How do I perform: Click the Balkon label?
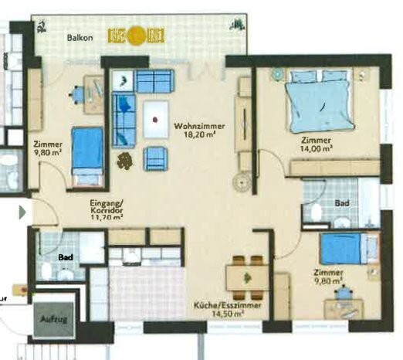pos(80,38)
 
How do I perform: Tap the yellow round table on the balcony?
pos(136,36)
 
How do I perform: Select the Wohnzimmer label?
pos(199,126)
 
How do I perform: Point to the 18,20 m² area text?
pos(200,134)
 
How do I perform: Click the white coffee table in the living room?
pos(156,119)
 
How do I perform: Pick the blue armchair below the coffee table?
pos(156,158)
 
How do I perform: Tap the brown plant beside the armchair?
pos(125,161)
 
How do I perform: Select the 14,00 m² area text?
pos(316,148)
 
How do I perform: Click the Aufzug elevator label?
pos(54,319)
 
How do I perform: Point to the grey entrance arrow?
pos(22,212)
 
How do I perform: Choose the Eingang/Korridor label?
pos(107,207)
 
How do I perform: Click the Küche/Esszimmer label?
pos(228,305)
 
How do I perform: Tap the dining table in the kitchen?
pos(247,278)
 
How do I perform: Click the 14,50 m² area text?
pos(228,314)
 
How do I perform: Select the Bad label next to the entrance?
pos(66,257)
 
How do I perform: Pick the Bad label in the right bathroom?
pos(342,203)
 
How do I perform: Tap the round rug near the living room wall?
pos(242,182)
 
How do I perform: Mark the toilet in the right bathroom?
pos(317,212)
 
